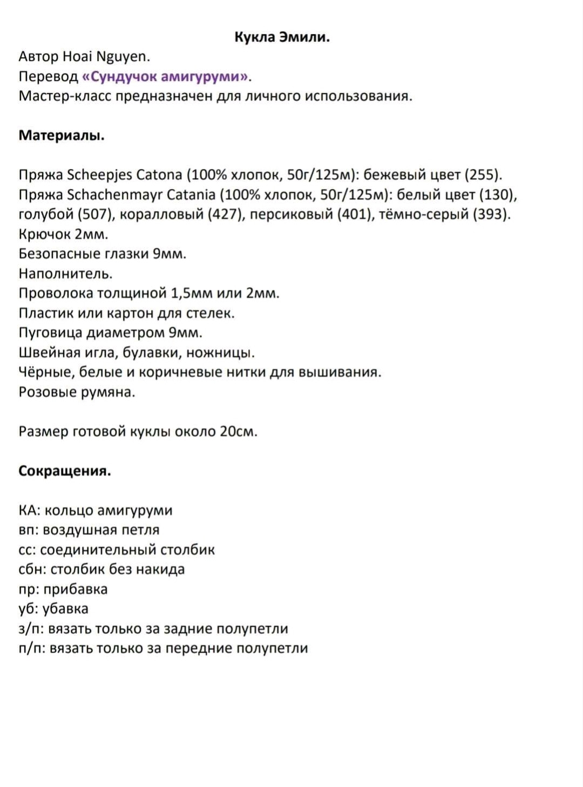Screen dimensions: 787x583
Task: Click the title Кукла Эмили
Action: (282, 37)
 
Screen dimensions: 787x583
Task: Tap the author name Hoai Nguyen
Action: (106, 57)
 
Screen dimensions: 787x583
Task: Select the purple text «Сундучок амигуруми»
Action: (166, 77)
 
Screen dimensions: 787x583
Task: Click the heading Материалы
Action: (62, 135)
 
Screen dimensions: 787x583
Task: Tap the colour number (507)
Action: (96, 214)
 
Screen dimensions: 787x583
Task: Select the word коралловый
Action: (162, 214)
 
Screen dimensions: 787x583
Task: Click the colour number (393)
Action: (491, 214)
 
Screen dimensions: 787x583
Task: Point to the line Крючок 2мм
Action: (64, 234)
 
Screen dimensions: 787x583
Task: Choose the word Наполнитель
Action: (65, 274)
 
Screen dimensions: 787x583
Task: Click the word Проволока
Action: (56, 293)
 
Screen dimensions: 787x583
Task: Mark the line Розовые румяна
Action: (77, 392)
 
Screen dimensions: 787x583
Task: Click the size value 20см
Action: (238, 431)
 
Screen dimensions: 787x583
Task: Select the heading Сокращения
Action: (65, 471)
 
